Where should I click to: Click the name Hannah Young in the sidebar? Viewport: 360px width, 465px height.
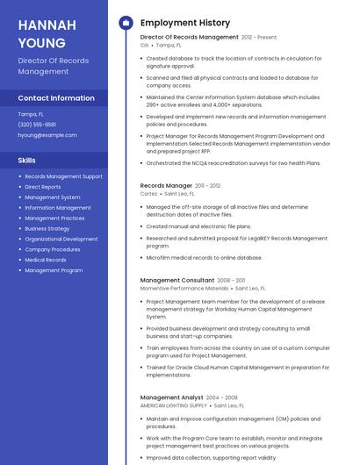47,33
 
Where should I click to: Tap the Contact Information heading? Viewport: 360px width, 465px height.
56,98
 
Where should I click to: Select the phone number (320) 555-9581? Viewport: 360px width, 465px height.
37,125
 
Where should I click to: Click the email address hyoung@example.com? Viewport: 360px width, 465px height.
47,135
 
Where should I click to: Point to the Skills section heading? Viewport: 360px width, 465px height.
27,161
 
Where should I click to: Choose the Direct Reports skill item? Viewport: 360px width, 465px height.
43,187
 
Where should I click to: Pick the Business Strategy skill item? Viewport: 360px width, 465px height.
47,228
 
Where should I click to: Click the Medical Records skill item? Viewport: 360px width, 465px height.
46,260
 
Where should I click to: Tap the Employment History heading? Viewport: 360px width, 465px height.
185,23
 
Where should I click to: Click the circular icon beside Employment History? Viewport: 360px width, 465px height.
126,23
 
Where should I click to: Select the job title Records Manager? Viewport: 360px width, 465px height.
166,186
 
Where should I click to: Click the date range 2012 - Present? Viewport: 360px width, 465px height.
259,38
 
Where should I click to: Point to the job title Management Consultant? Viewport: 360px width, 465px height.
177,280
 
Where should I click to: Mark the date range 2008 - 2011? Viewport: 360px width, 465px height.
232,280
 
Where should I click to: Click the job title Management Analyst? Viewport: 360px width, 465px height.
172,397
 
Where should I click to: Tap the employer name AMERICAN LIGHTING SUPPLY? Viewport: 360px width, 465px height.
174,405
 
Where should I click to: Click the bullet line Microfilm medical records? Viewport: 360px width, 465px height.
204,258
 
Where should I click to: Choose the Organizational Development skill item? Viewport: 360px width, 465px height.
61,239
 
